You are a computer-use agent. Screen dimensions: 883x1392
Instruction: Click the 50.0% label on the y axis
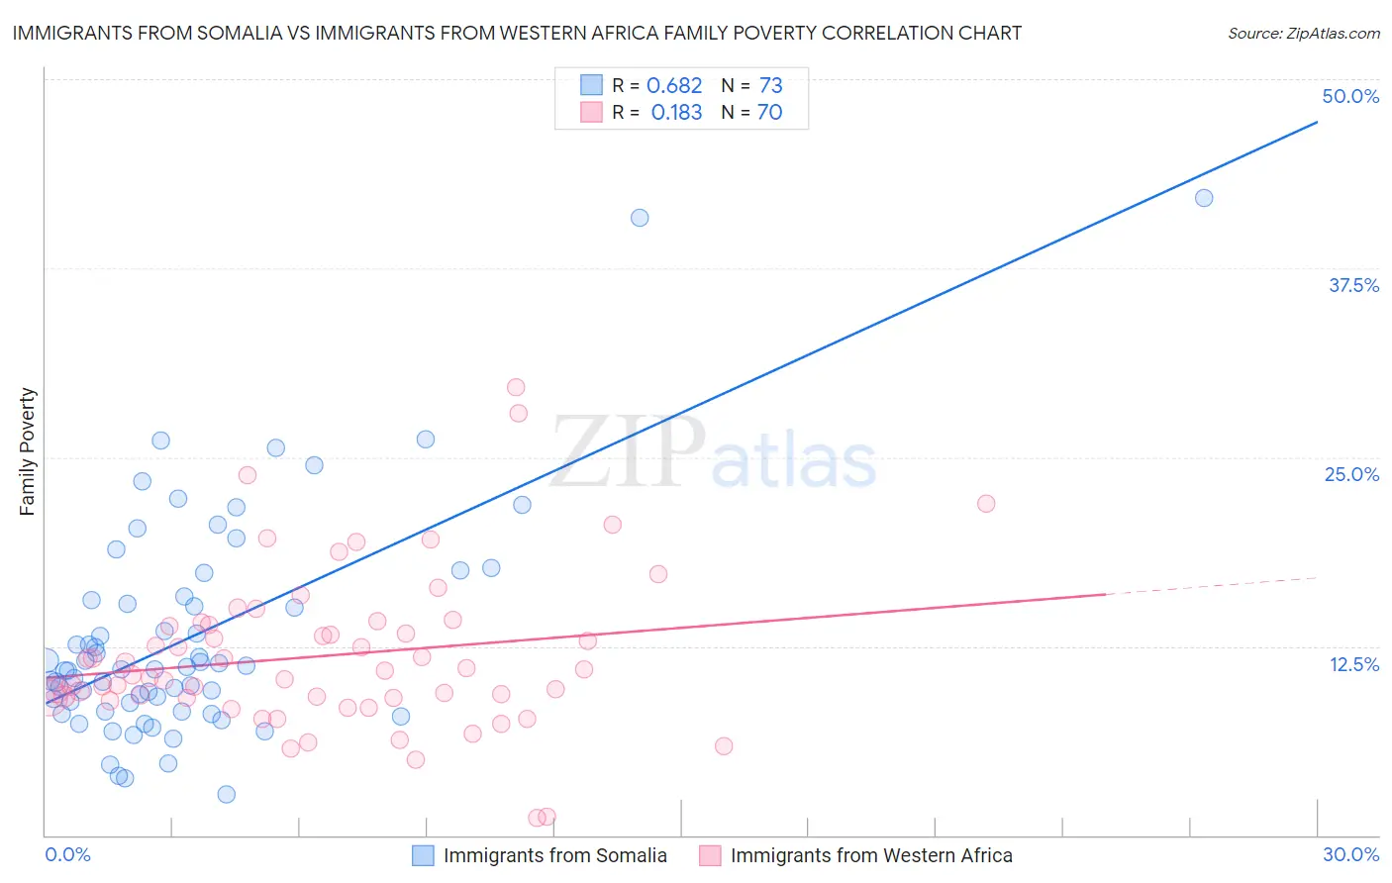[1349, 96]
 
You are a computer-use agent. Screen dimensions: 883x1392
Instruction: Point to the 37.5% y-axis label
[1353, 285]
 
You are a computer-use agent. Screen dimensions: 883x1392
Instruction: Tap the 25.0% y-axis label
[1351, 474]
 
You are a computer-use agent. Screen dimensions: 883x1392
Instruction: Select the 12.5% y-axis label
[1353, 664]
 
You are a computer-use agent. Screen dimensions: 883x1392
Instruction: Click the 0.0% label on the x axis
[67, 854]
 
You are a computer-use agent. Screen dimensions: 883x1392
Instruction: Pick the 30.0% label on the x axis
[1350, 854]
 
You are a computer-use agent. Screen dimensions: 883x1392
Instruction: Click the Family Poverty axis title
[28, 451]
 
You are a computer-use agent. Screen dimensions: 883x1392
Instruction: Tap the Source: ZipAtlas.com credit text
[1303, 34]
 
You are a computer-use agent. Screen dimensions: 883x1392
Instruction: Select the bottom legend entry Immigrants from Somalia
[554, 855]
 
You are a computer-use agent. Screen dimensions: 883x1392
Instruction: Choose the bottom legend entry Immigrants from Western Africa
[871, 855]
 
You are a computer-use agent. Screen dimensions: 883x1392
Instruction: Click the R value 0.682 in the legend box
[674, 86]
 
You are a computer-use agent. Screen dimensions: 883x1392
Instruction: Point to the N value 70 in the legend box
[769, 113]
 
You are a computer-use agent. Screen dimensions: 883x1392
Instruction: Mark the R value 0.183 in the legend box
[676, 113]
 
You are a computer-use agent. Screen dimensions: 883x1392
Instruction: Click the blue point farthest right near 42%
[1204, 198]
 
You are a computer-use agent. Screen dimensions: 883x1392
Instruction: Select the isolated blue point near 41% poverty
[640, 218]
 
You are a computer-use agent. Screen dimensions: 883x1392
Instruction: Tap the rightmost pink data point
[986, 504]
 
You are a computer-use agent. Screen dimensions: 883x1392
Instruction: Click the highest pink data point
[516, 387]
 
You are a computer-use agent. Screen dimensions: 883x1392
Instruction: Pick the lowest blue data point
[227, 794]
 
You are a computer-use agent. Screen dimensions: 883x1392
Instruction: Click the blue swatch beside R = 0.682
[591, 85]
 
